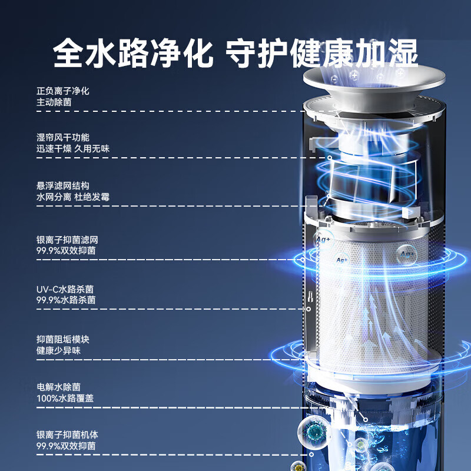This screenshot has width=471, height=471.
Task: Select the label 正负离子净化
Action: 62,91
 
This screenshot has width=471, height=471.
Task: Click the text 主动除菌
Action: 54,102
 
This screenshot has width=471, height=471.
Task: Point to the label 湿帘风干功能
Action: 62,138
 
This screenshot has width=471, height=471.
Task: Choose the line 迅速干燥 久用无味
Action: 72,148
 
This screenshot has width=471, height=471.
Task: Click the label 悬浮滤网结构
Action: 62,186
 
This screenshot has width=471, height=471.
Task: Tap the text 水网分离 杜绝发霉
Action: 72,197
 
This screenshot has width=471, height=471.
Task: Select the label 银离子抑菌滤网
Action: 67,240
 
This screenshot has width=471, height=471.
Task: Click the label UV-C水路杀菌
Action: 64,290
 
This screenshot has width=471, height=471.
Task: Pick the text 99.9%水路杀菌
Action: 65,300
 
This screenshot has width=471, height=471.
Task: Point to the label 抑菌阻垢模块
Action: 62,340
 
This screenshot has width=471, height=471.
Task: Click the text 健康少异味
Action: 58,350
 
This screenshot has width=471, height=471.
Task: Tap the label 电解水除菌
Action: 58,387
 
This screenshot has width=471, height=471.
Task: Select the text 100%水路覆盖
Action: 64,398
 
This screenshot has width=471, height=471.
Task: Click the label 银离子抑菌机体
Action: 67,435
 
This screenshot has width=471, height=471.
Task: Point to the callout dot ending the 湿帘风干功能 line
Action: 330,158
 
